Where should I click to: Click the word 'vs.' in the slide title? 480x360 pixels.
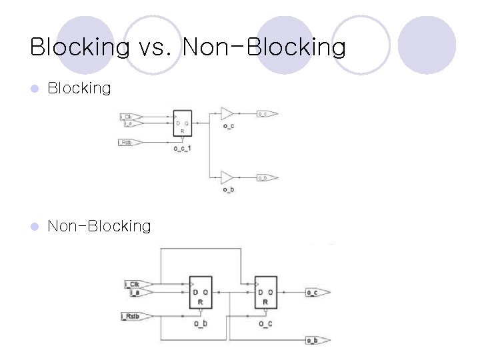(x=155, y=47)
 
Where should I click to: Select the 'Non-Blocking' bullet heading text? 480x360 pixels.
(x=99, y=226)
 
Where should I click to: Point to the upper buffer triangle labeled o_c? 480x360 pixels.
(x=227, y=114)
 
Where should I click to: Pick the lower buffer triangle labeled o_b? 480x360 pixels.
(x=227, y=178)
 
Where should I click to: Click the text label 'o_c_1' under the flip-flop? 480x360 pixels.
(x=182, y=148)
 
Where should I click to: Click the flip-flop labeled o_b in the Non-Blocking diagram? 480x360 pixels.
(x=200, y=292)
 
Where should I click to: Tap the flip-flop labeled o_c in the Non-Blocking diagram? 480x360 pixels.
(x=265, y=292)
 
